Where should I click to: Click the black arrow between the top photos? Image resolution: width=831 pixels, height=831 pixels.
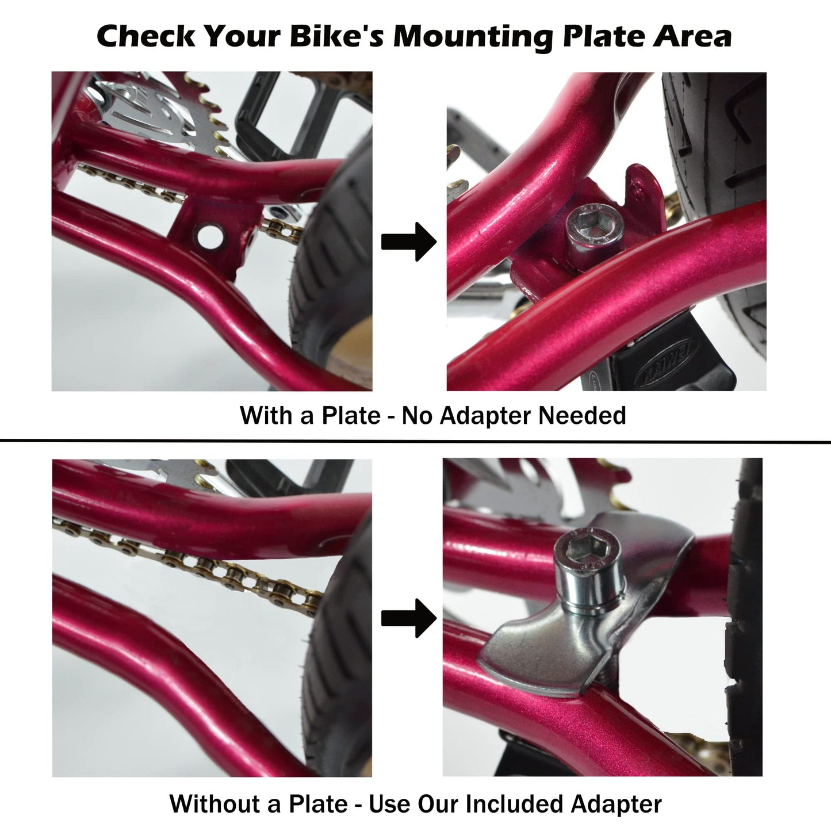[x=409, y=242]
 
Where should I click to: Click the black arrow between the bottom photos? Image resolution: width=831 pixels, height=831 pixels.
[x=409, y=618]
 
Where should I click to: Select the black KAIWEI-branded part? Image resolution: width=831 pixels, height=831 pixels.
[x=661, y=368]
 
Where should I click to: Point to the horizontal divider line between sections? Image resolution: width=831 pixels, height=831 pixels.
[x=415, y=442]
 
